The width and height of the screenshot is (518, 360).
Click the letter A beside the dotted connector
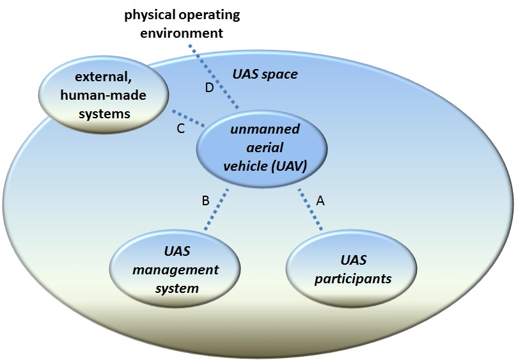[x=320, y=201]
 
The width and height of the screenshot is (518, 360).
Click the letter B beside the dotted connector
[x=205, y=201]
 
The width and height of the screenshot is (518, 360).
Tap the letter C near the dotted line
[x=180, y=129]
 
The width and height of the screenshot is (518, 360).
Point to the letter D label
[x=209, y=88]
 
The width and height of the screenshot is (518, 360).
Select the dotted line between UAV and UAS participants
[x=311, y=209]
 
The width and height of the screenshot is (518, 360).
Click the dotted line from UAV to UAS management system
[x=216, y=209]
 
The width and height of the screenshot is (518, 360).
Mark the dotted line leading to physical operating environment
[x=214, y=77]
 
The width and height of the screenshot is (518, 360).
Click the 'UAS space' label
[x=265, y=74]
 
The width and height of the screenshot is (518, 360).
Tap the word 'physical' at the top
[x=150, y=15]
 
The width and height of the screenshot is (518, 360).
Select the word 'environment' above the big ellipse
[x=182, y=33]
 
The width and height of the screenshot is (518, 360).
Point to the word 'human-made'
[x=103, y=95]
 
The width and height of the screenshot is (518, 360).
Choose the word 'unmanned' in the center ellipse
[x=265, y=129]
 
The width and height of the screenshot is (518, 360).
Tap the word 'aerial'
[x=265, y=147]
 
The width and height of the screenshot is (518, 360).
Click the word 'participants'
[x=353, y=279]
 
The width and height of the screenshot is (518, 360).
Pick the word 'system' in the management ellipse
[x=177, y=288]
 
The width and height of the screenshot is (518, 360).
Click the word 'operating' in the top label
[x=209, y=15]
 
